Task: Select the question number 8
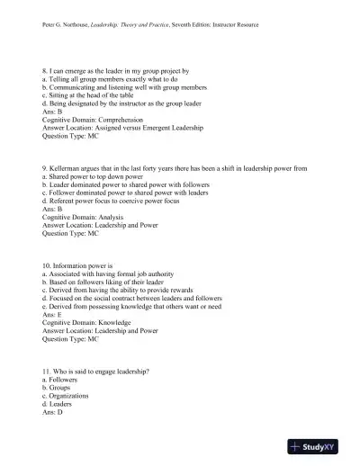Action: point(46,69)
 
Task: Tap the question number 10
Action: point(49,265)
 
